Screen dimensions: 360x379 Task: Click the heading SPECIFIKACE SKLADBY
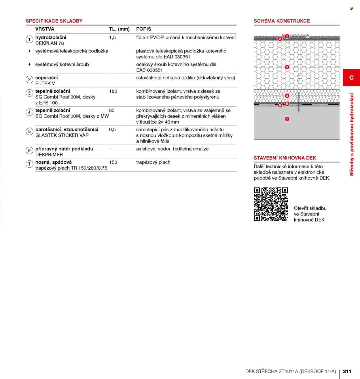click(54, 21)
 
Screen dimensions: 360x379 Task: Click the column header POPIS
click(144, 29)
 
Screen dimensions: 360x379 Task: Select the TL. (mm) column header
click(119, 29)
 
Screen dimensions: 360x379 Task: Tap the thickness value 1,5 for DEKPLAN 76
click(112, 38)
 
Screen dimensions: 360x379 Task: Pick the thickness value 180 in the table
click(113, 91)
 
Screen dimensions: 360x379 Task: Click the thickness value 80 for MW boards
click(112, 111)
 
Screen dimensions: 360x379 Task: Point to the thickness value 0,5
click(112, 130)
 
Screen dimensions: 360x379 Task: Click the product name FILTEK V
click(45, 84)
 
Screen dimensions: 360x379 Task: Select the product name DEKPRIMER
click(49, 155)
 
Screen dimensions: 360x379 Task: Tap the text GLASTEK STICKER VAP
click(62, 135)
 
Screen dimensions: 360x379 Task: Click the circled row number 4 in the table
click(29, 112)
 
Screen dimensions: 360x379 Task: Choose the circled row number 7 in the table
click(29, 164)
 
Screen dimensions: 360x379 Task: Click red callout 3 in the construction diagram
click(287, 67)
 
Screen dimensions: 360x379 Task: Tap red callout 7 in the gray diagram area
click(287, 119)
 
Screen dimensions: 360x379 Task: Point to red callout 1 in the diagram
click(287, 36)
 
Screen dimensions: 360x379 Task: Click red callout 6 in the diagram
click(280, 105)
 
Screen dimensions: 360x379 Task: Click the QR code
click(271, 204)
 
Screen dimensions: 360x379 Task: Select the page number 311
click(347, 371)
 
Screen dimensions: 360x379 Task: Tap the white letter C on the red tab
click(351, 78)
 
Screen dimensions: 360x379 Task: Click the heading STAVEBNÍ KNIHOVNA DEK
click(285, 158)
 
